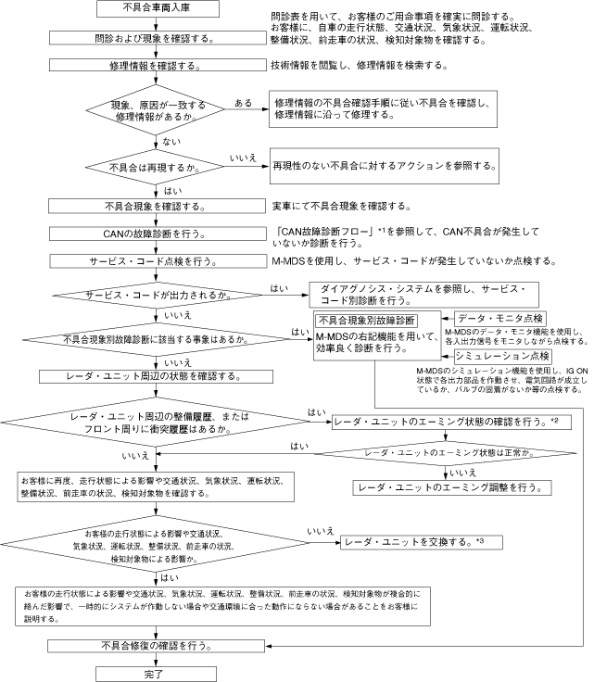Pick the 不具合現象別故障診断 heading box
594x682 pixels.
pos(365,320)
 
